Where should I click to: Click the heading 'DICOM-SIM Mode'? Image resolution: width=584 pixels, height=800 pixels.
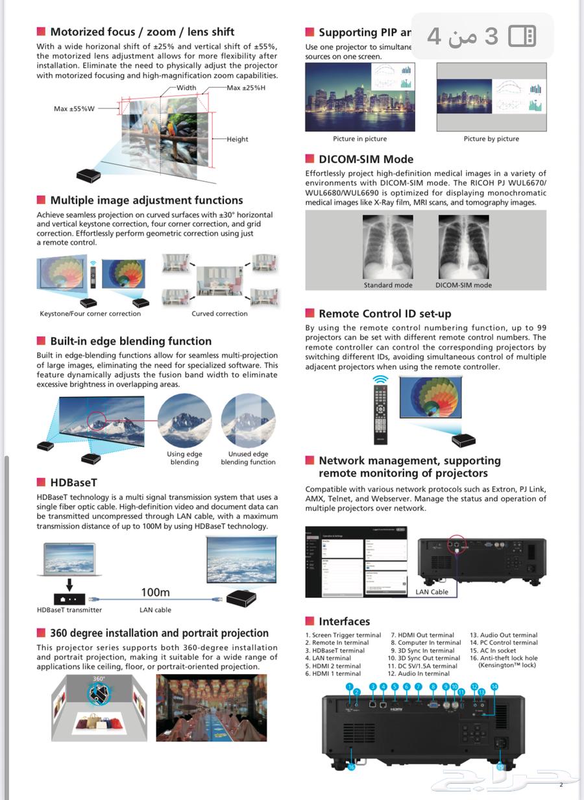(x=366, y=159)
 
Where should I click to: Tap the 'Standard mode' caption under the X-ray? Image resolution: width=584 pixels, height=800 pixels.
(x=388, y=285)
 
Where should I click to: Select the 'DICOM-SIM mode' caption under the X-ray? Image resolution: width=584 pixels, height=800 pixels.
(x=463, y=285)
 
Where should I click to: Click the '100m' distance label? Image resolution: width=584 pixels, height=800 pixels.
(x=155, y=592)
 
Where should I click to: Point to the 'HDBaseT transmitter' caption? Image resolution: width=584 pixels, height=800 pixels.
(x=69, y=610)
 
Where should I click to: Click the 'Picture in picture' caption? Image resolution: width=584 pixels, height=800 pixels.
(x=359, y=139)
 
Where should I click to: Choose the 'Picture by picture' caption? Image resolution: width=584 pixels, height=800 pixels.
(x=491, y=139)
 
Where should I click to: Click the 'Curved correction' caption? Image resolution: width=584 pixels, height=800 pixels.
(x=219, y=314)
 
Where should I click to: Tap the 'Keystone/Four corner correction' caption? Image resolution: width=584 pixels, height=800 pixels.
(x=90, y=314)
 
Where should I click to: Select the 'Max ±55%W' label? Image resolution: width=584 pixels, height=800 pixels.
(x=74, y=108)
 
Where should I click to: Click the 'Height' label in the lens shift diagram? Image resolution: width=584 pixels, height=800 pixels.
(x=237, y=139)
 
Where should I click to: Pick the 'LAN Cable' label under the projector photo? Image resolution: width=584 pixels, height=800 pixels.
(x=432, y=592)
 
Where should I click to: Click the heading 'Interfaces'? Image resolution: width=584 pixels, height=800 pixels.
(x=344, y=621)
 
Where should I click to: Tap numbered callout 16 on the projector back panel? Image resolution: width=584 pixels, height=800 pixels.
(x=351, y=767)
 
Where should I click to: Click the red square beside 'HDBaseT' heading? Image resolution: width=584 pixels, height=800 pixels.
(x=41, y=482)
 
